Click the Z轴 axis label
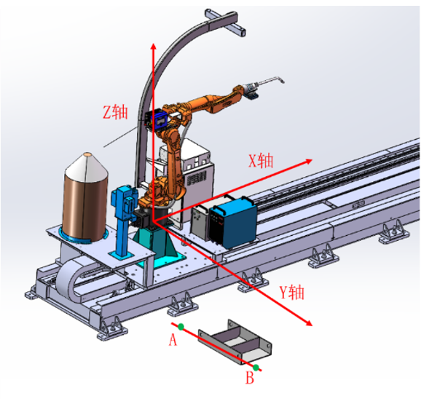(x=116, y=112)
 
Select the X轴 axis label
(x=261, y=161)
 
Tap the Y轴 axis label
(x=292, y=293)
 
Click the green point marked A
(x=181, y=327)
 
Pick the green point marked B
(x=256, y=368)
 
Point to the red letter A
(x=173, y=340)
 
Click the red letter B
(x=250, y=378)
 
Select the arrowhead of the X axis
(x=309, y=161)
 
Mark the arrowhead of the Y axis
(x=309, y=323)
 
